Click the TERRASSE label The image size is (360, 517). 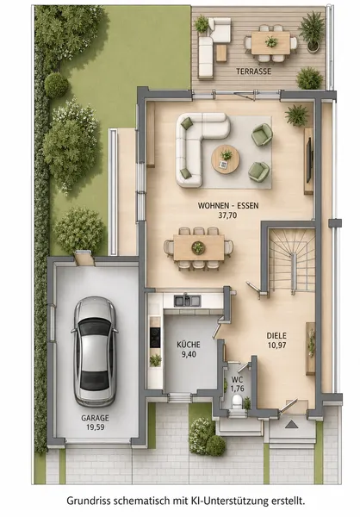click(x=253, y=72)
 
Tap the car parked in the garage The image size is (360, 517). click(x=94, y=352)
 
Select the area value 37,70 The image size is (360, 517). click(x=228, y=215)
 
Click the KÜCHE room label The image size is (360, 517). click(x=189, y=345)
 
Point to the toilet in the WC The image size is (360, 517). click(x=238, y=402)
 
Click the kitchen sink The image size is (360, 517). click(x=187, y=301)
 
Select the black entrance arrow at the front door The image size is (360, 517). click(x=291, y=424)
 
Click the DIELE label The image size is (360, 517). click(x=276, y=336)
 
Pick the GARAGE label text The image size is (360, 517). click(x=95, y=418)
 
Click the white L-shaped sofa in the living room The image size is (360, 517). click(x=199, y=146)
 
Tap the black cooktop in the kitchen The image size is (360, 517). click(x=155, y=337)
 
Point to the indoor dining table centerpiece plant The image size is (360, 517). click(x=198, y=247)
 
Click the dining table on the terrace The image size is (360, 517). click(x=270, y=42)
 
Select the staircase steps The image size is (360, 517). click(x=291, y=260)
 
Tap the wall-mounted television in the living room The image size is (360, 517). click(x=309, y=160)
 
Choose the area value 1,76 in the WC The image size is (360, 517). click(x=238, y=388)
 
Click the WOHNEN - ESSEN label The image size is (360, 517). click(x=228, y=206)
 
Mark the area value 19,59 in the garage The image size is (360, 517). click(x=95, y=427)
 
